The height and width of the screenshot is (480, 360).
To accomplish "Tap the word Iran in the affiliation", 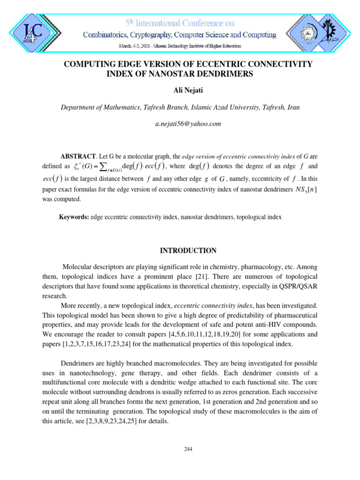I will point(292,107).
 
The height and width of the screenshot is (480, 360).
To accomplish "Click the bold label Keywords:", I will point(74,217).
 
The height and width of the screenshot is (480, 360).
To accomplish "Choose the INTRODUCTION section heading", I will point(188,250).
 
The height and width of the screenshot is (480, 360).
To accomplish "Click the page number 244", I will point(188,449).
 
